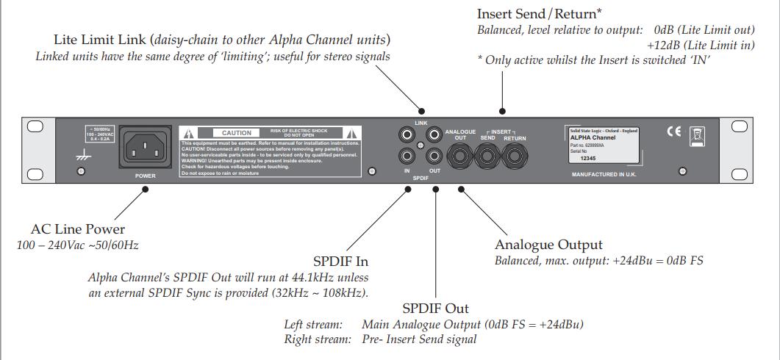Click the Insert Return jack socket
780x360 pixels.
click(x=514, y=156)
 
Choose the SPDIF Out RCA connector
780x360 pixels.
click(x=434, y=156)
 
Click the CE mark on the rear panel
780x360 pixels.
click(x=674, y=132)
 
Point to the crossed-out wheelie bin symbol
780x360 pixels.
click(x=698, y=134)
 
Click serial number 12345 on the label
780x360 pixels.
click(x=589, y=157)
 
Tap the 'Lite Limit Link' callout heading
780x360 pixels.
click(x=102, y=39)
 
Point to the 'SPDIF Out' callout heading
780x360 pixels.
click(x=435, y=308)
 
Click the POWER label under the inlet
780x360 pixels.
click(x=145, y=176)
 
